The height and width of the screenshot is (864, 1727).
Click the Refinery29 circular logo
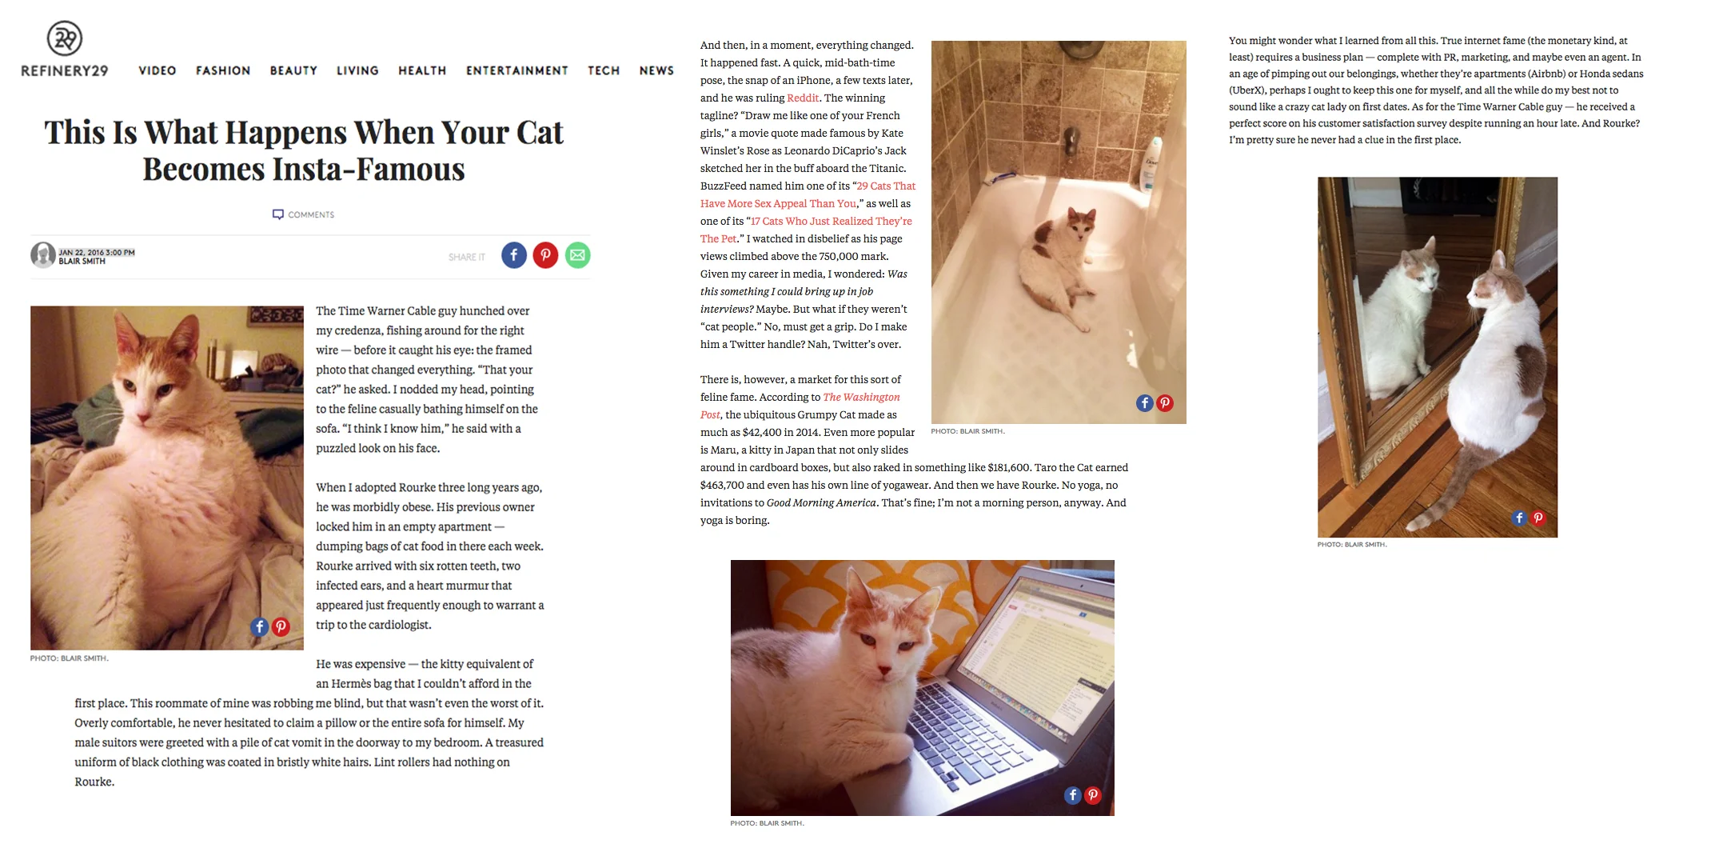coord(65,38)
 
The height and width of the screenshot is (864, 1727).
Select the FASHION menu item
coord(223,70)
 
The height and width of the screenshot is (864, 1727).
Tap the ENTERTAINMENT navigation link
coord(517,70)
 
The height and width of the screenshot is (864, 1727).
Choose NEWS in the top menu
coord(656,70)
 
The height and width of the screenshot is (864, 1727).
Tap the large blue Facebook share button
coord(514,255)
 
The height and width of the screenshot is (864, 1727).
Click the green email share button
coord(577,255)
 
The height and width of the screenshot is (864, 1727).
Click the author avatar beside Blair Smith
coord(42,255)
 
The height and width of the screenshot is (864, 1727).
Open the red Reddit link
coord(803,98)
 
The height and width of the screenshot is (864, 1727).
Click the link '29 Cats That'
coord(886,186)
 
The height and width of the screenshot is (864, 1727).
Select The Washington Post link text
coord(861,397)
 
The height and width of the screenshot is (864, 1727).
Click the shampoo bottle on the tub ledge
coord(1152,164)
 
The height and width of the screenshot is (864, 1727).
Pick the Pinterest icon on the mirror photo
coord(1538,518)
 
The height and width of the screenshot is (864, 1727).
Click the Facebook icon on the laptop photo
coord(1072,794)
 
